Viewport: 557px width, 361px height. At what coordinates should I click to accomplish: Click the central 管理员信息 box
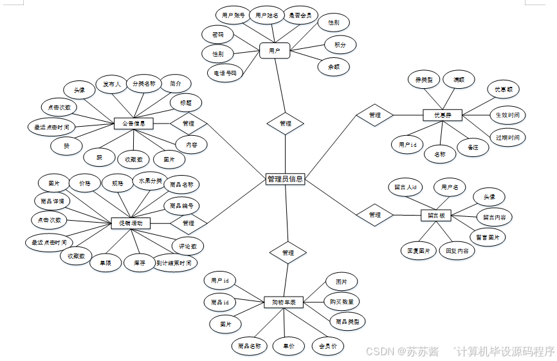[x=284, y=180]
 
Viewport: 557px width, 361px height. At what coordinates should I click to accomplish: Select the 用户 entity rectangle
[x=275, y=50]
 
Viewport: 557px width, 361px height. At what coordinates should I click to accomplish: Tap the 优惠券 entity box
[x=443, y=115]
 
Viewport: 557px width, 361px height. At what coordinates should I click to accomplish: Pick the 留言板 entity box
[x=437, y=216]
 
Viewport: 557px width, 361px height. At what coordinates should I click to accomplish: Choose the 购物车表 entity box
[x=283, y=302]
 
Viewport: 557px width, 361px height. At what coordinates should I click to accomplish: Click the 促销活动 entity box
[x=131, y=223]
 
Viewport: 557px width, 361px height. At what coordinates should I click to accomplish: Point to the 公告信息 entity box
[x=133, y=123]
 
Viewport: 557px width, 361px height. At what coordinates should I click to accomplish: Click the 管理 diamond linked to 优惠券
[x=375, y=115]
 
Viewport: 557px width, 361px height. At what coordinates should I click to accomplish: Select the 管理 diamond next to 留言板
[x=375, y=214]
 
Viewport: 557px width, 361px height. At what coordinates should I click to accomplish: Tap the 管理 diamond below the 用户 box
[x=286, y=123]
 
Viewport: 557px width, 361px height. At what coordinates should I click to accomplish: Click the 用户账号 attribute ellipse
[x=232, y=15]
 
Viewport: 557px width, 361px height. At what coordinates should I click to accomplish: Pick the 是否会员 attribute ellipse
[x=300, y=15]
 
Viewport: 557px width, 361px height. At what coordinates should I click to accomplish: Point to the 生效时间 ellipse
[x=507, y=115]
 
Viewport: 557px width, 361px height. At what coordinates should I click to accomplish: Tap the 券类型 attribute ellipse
[x=423, y=80]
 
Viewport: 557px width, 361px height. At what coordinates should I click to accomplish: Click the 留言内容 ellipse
[x=494, y=218]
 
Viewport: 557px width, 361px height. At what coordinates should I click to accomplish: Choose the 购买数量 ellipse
[x=341, y=301]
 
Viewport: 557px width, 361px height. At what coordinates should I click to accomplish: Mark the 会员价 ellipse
[x=327, y=346]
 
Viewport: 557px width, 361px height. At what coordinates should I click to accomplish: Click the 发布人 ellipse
[x=112, y=84]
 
